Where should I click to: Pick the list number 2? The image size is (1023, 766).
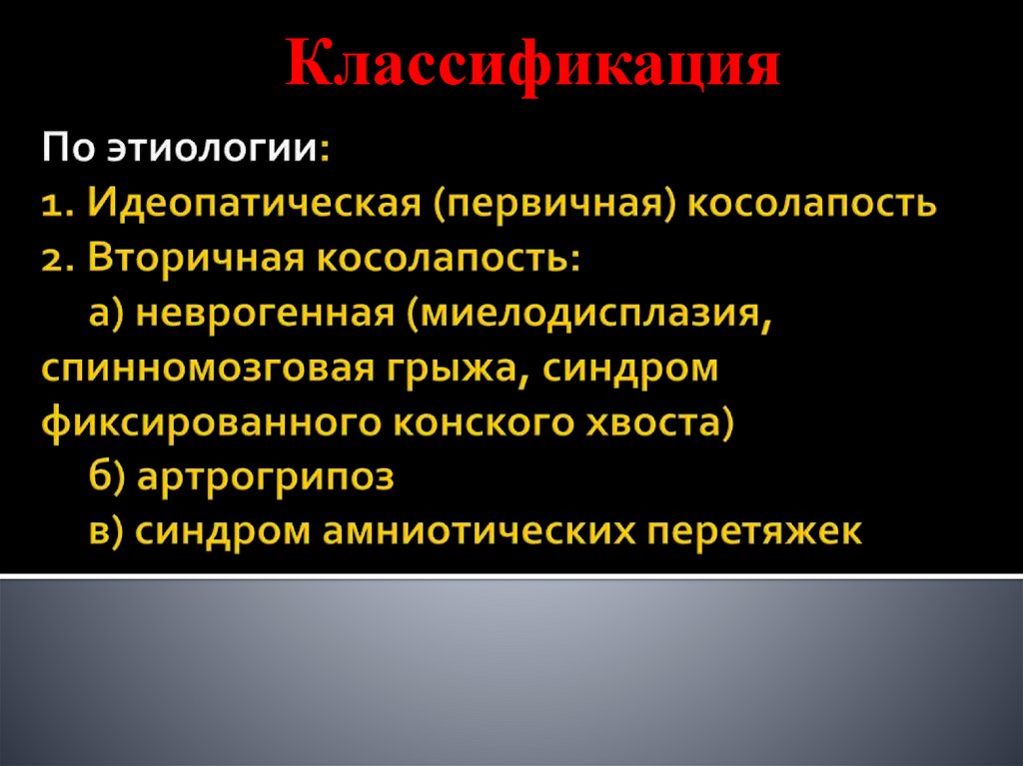click(57, 261)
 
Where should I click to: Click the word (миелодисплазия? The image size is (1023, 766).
click(590, 315)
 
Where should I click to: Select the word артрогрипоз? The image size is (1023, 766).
click(267, 477)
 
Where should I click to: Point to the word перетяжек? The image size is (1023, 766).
click(755, 531)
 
